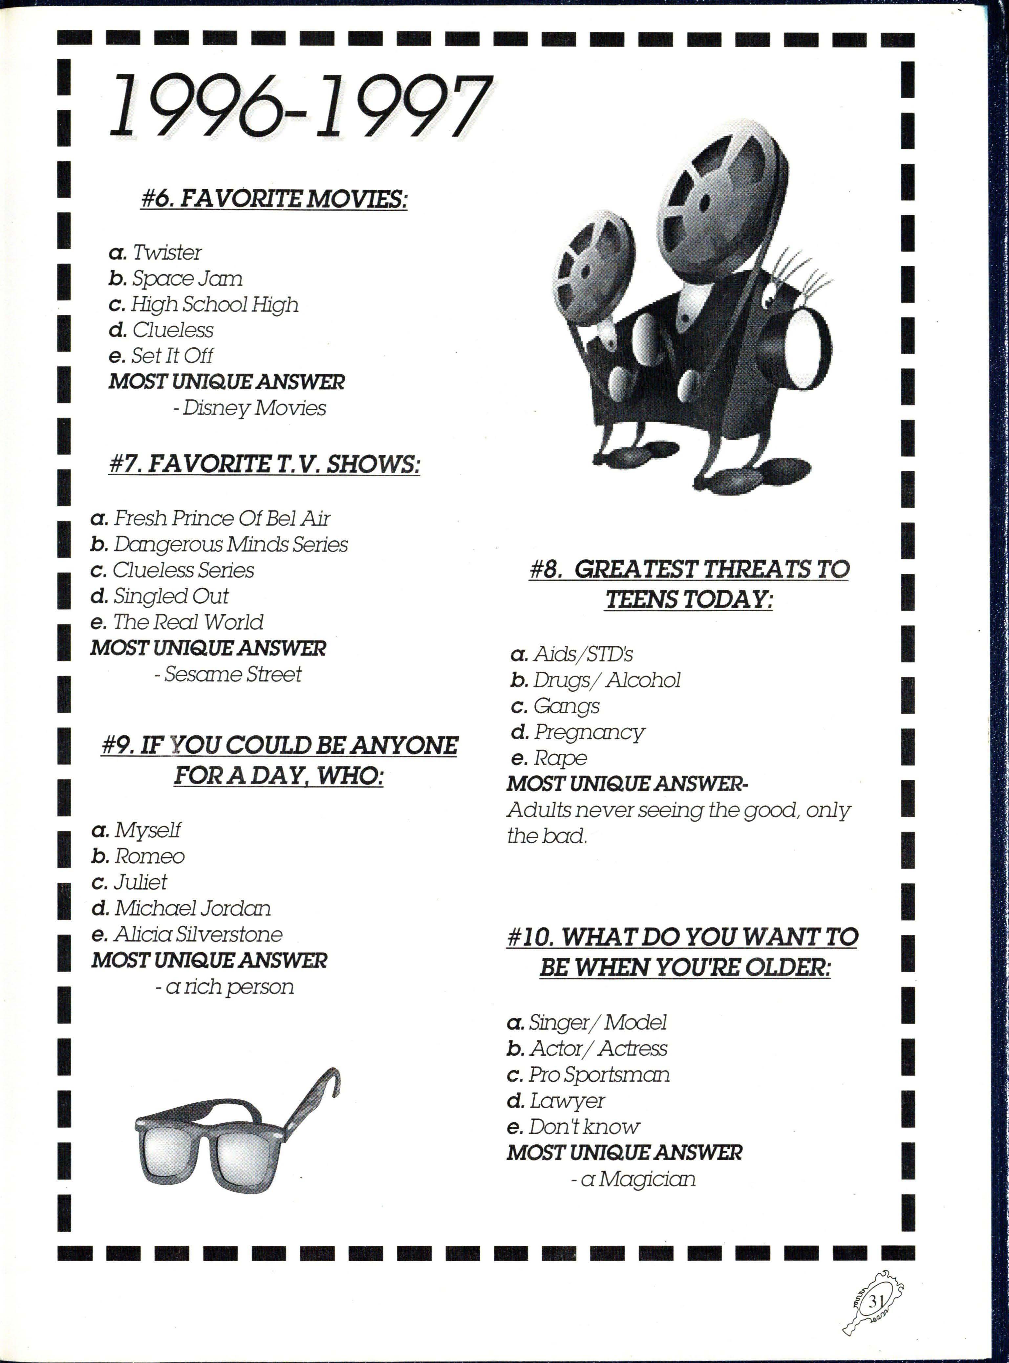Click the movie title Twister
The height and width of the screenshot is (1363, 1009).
click(167, 252)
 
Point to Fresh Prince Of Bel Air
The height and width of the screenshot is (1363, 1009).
click(221, 518)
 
